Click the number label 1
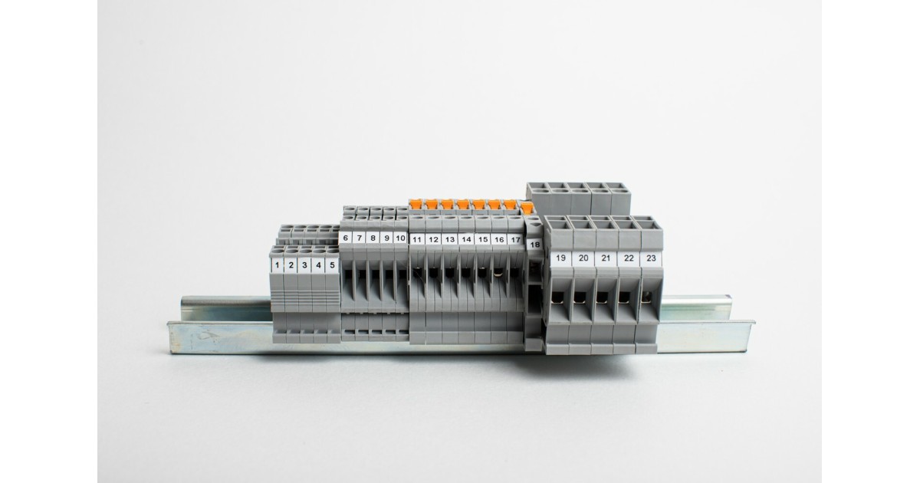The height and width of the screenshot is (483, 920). (x=278, y=265)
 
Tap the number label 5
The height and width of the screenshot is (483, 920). (x=332, y=265)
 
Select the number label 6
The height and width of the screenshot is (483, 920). (x=346, y=238)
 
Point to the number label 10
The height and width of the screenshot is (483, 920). (x=400, y=238)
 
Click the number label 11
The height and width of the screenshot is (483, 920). (x=417, y=239)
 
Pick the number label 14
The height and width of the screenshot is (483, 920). (x=466, y=239)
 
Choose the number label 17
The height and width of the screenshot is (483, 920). (x=515, y=239)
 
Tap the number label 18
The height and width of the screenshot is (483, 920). (x=535, y=245)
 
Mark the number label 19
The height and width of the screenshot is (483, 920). (x=560, y=258)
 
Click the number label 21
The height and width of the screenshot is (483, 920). (x=606, y=258)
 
